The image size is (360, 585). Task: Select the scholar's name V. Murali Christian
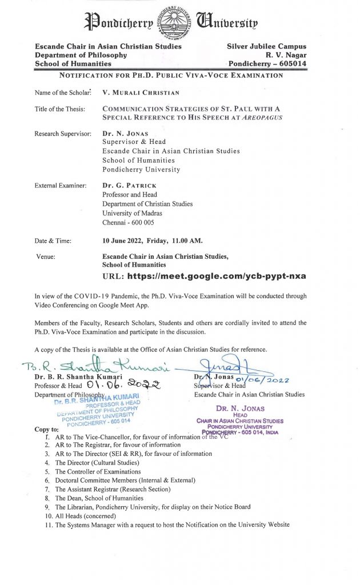[x=140, y=93]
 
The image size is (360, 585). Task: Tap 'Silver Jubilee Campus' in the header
[x=266, y=46]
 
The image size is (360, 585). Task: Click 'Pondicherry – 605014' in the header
[x=267, y=64]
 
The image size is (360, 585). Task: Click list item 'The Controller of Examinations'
[x=98, y=472]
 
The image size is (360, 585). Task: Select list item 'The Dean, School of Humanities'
[x=99, y=498]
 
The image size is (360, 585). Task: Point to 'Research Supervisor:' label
[x=63, y=133]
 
